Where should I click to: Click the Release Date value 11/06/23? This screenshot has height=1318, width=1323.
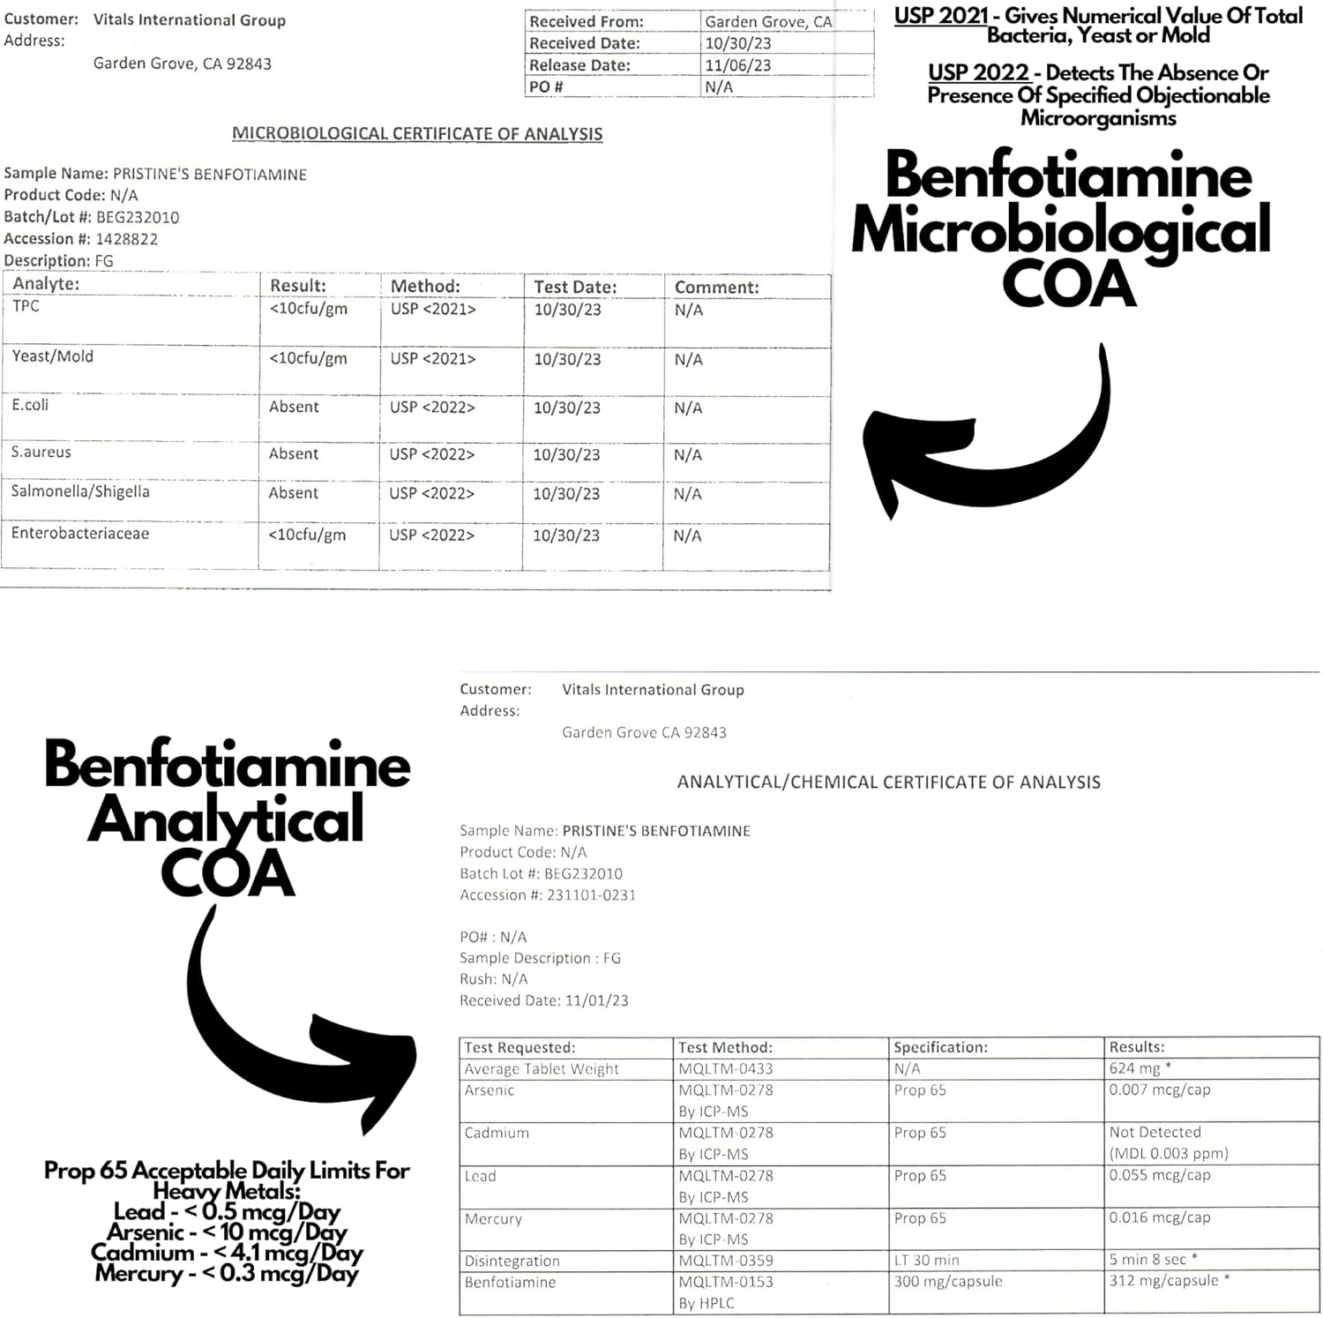pos(737,65)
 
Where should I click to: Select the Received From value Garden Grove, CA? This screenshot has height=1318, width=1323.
pos(768,22)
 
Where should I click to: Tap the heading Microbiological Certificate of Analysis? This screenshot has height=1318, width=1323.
pos(417,134)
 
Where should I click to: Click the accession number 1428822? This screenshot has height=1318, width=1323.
pos(126,239)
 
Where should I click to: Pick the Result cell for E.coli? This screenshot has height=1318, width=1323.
pos(294,407)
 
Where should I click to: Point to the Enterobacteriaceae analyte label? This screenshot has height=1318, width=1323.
pos(80,534)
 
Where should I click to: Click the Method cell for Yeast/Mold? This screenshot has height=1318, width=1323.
pos(432,359)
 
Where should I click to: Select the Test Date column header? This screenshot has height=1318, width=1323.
pos(575,287)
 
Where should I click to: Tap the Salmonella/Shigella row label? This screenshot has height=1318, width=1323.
pos(80,492)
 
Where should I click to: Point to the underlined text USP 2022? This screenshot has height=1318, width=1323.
pos(978,73)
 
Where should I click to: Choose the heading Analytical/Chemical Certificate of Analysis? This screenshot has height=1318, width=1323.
pos(888,783)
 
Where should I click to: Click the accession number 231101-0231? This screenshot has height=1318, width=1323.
pos(591,895)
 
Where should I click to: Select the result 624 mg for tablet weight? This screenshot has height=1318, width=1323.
pos(1134,1068)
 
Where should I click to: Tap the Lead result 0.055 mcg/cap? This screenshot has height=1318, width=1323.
pos(1159,1175)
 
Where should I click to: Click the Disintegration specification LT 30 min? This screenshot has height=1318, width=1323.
pos(926,1261)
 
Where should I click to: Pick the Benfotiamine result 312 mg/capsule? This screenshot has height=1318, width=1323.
pos(1163,1281)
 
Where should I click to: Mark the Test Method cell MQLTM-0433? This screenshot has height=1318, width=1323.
pos(725,1068)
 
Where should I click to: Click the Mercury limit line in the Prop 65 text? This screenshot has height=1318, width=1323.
pos(227,1274)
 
